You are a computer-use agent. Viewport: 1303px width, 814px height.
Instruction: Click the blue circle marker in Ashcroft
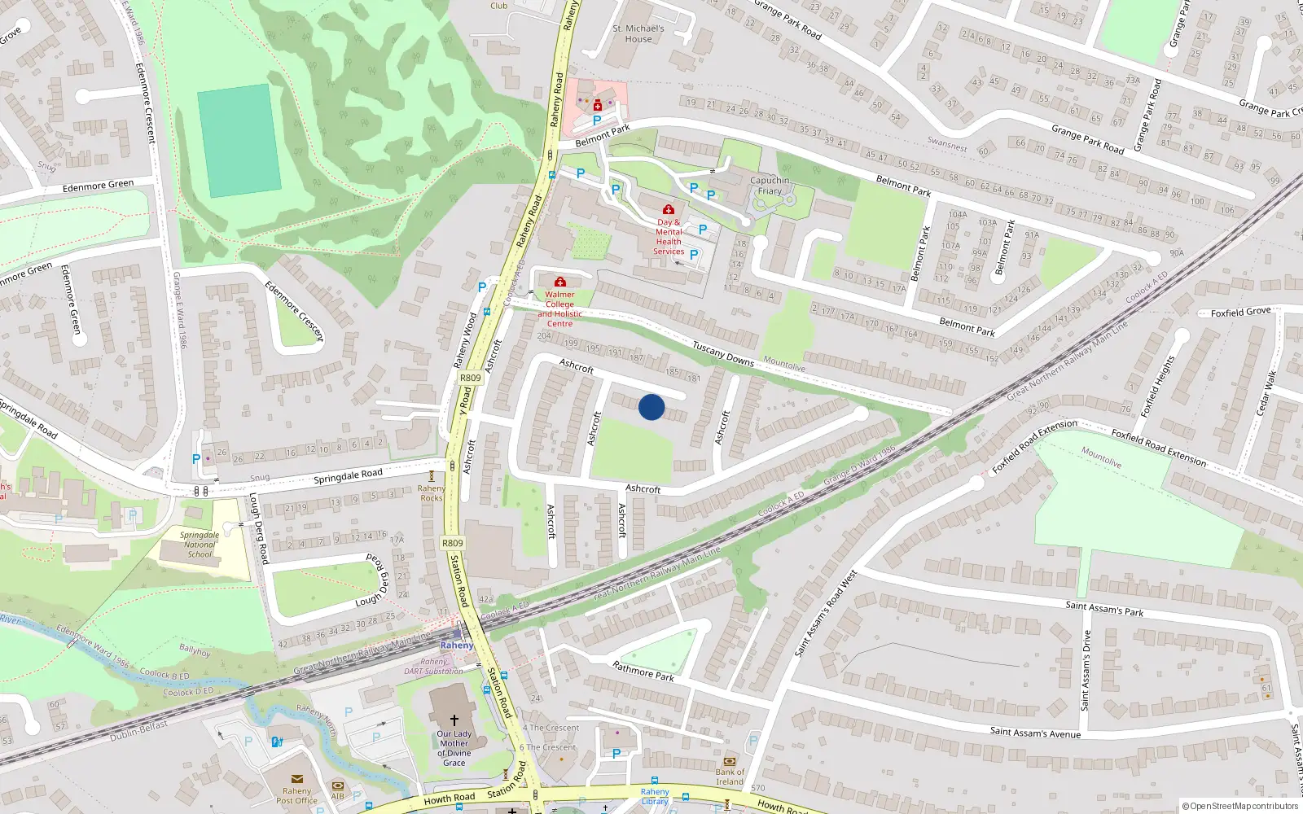(x=651, y=407)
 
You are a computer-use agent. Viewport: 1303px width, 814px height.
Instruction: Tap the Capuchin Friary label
(x=770, y=186)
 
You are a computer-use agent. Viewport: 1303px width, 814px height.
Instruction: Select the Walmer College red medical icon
(x=560, y=282)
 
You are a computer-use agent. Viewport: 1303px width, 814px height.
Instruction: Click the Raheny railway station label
(x=456, y=646)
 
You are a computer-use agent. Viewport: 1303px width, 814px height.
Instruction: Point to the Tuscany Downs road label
(x=722, y=354)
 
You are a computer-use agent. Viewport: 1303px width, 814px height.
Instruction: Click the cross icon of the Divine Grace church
(x=454, y=720)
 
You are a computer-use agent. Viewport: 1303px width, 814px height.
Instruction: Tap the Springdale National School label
(x=200, y=545)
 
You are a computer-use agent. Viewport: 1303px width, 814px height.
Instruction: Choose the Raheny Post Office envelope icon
(x=296, y=779)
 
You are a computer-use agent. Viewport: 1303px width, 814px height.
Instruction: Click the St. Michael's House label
(x=638, y=33)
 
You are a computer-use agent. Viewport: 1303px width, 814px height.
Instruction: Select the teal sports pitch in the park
(x=239, y=140)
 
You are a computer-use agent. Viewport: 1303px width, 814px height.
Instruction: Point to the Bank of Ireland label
(x=730, y=777)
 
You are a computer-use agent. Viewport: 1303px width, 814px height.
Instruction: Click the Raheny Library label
(x=655, y=796)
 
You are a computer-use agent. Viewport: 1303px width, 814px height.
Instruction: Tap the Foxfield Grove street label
(x=1240, y=312)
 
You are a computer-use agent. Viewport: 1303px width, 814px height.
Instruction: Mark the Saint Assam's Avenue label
(x=1035, y=733)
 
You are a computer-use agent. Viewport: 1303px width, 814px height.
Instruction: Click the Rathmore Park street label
(x=643, y=671)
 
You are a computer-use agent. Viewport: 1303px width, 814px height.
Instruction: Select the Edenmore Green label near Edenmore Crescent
(x=98, y=186)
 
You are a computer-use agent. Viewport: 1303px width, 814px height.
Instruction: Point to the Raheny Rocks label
(x=432, y=493)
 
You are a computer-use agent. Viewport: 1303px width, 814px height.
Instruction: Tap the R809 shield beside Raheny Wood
(x=470, y=378)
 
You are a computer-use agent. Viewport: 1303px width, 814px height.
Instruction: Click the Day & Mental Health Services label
(x=669, y=237)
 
